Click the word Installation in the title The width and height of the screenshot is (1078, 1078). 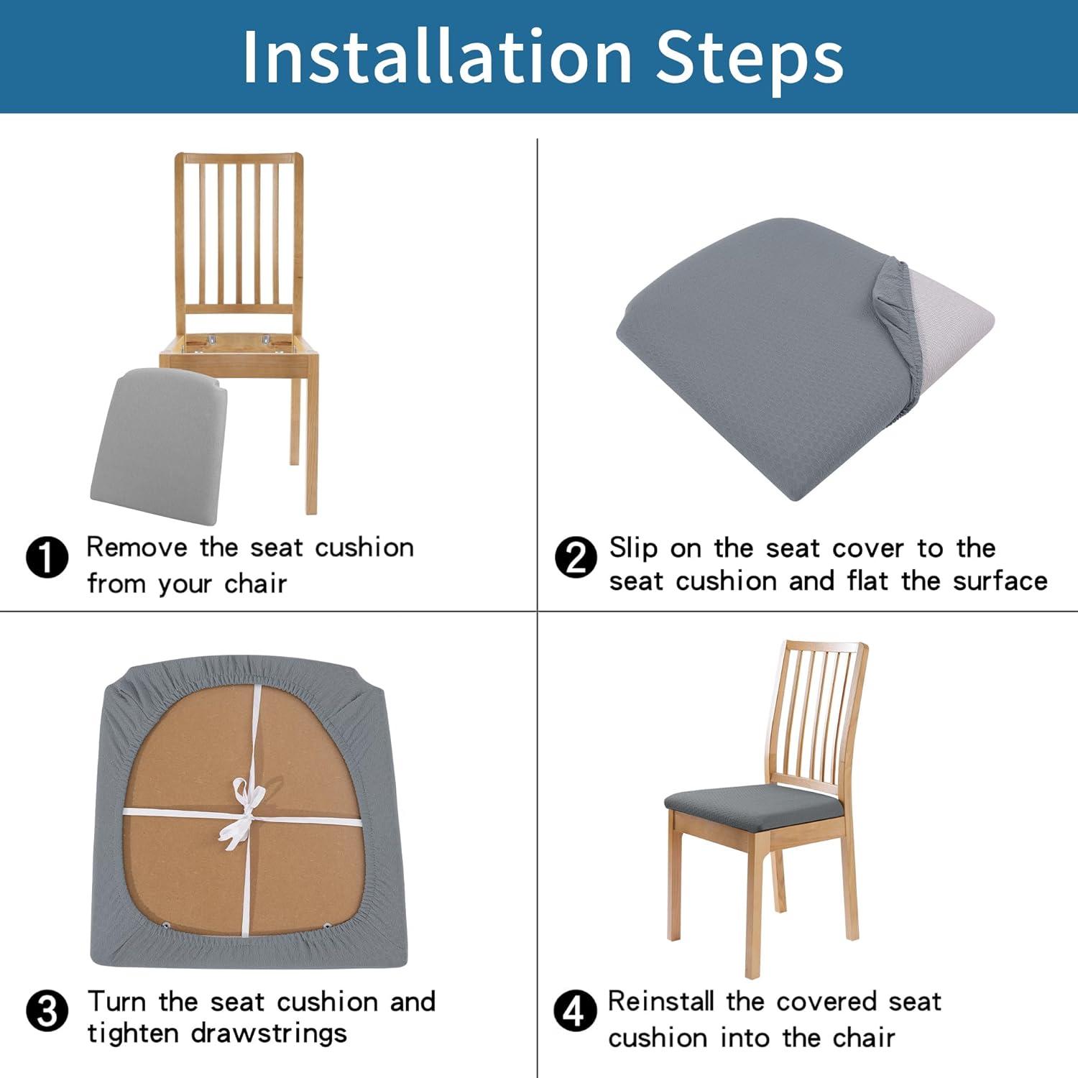pos(437,57)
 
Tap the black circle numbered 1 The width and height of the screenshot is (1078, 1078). pos(47,557)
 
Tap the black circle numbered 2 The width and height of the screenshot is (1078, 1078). pos(576,557)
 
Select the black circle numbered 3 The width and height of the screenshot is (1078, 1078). pos(47,1011)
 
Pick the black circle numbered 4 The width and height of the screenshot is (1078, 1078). pos(575,1011)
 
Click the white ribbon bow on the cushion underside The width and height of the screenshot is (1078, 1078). pos(241,812)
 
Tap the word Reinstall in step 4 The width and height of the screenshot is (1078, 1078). pos(661,1001)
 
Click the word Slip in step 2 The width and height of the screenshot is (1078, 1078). pos(632,548)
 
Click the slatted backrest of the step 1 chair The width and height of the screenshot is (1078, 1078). pos(239,230)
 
